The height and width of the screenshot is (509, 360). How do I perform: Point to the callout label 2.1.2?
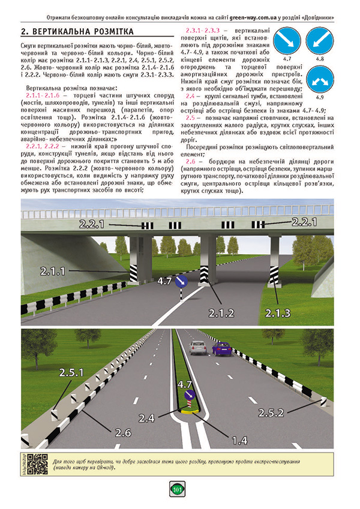(x=221, y=312)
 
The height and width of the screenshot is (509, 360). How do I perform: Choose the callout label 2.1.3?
(x=277, y=312)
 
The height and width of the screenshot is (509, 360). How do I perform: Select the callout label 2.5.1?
(x=71, y=372)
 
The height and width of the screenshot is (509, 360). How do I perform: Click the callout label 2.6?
(x=123, y=432)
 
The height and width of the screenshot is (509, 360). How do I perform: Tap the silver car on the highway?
(x=197, y=347)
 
